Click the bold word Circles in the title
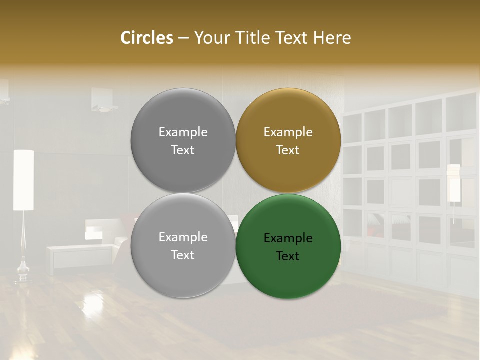click(147, 38)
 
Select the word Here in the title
click(332, 38)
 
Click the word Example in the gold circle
click(288, 132)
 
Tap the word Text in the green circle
click(288, 256)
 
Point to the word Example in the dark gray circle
click(183, 132)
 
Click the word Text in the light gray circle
click(183, 255)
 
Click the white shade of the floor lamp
click(23, 180)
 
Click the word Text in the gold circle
click(288, 150)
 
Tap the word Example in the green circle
click(288, 238)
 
